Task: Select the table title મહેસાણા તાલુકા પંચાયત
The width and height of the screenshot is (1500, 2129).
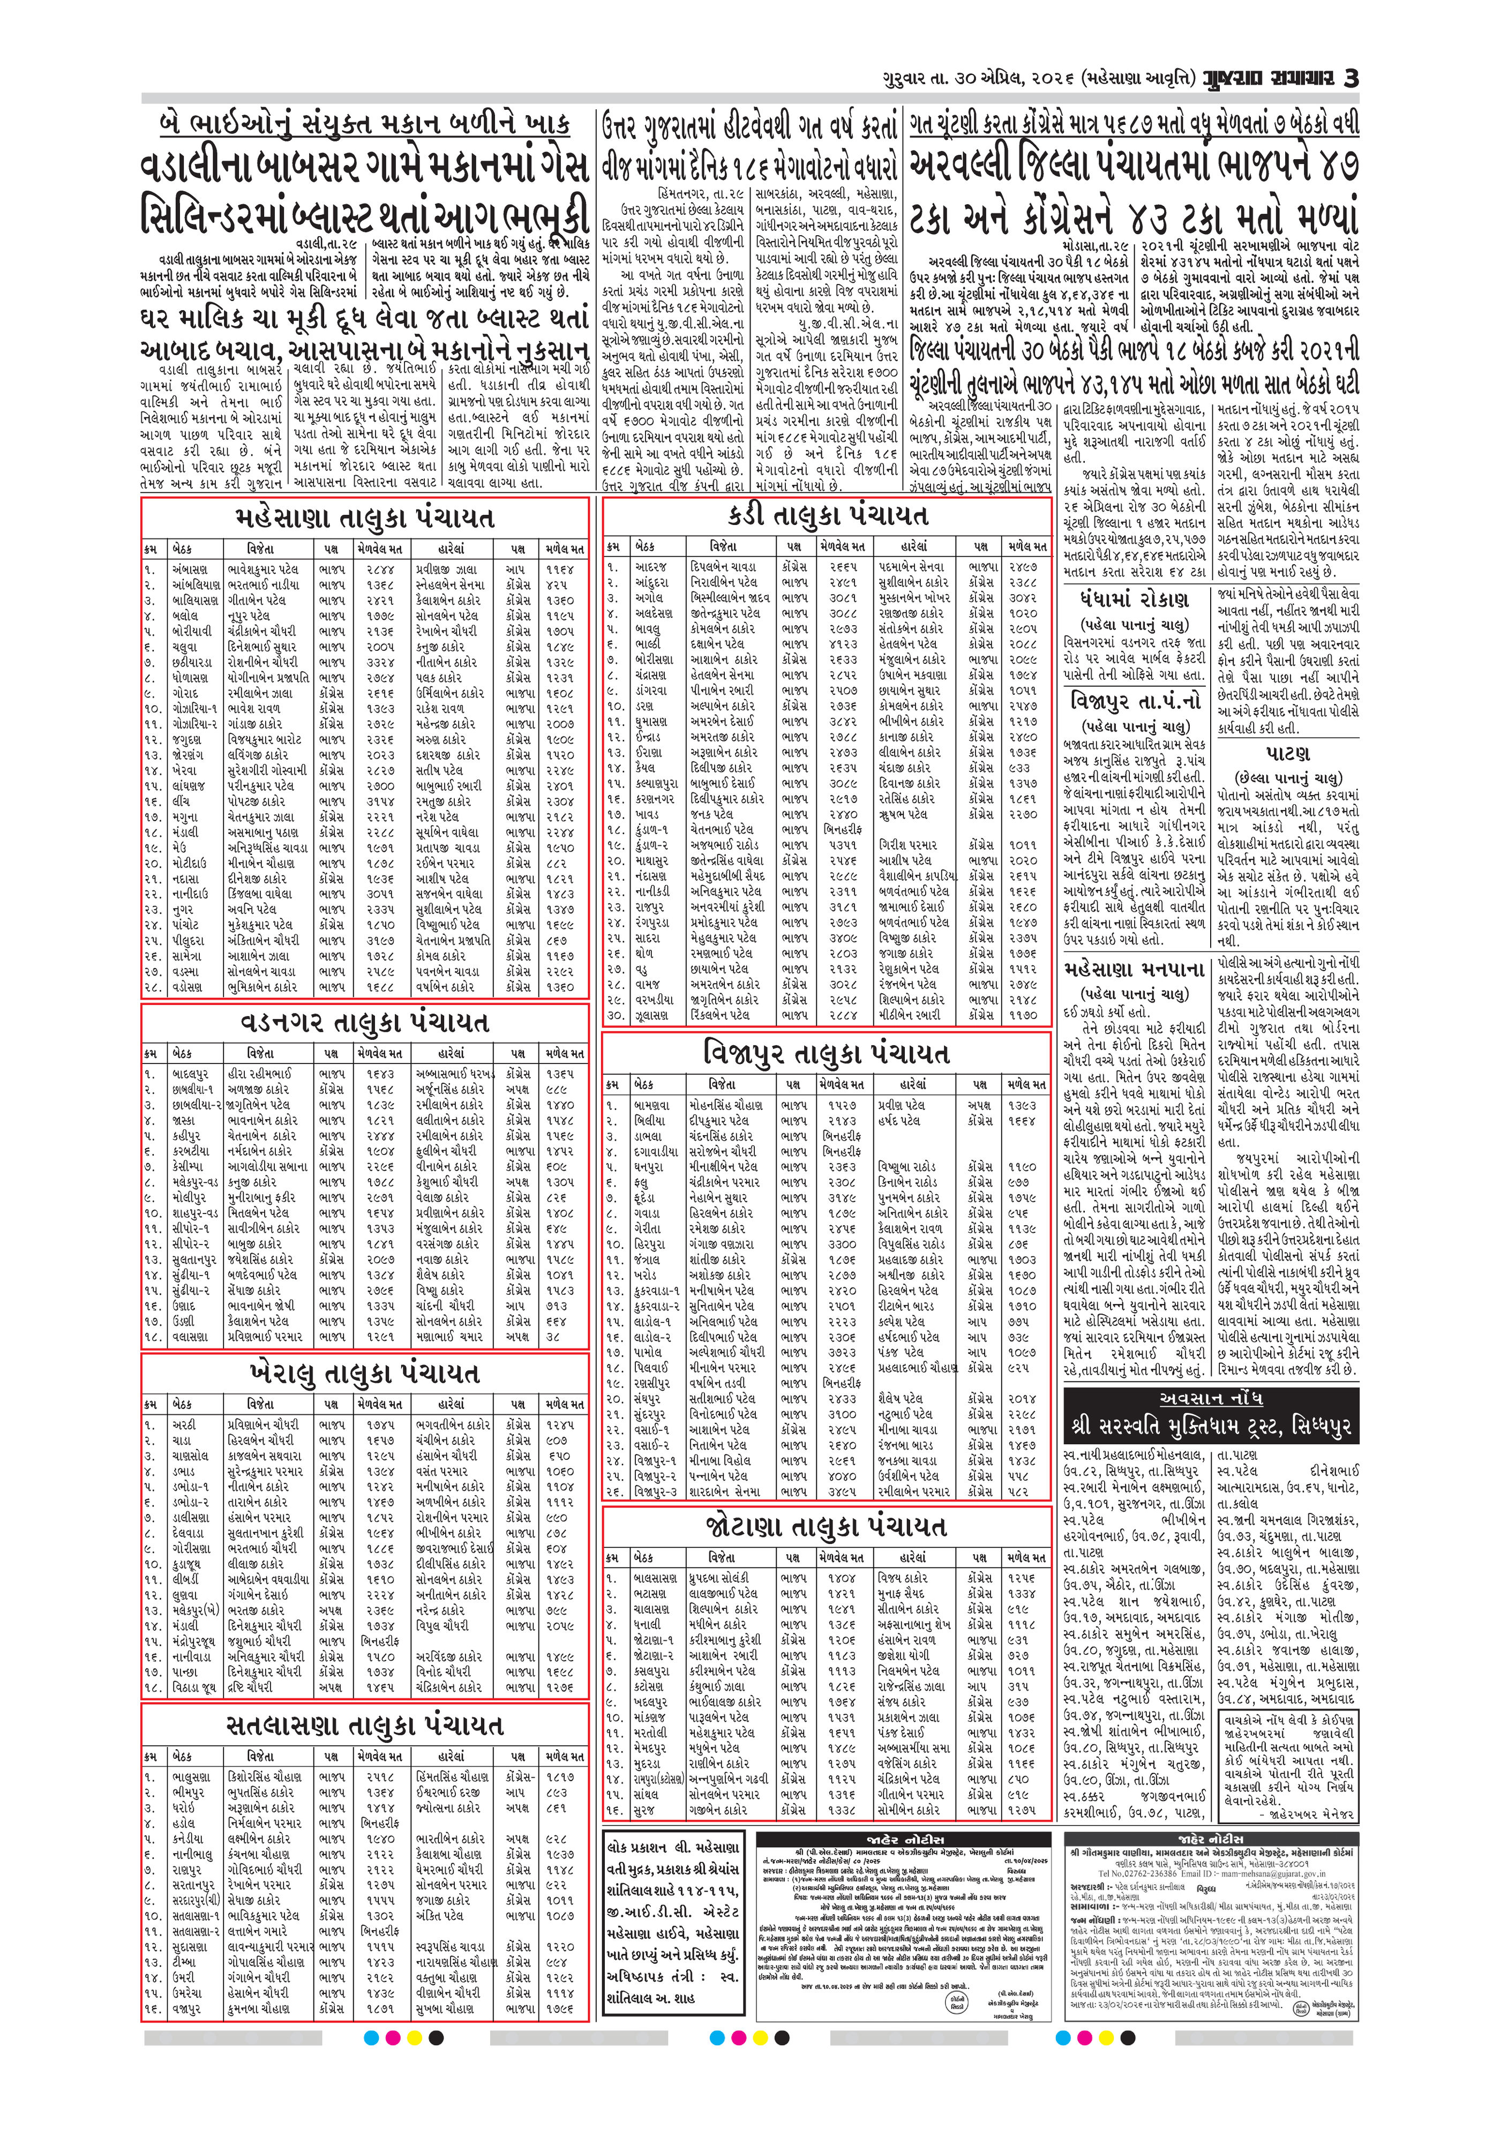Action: (364, 518)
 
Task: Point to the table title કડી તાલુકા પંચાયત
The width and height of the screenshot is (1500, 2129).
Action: (826, 515)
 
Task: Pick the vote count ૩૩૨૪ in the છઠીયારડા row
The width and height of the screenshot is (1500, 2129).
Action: (380, 662)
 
